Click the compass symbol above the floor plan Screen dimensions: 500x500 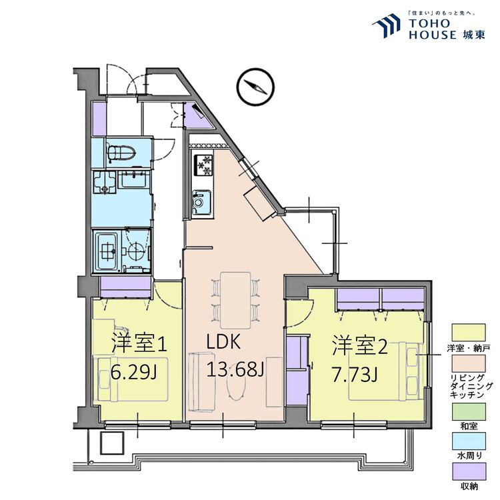(254, 87)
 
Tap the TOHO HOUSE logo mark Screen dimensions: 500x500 (387, 27)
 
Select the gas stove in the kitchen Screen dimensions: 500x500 (201, 164)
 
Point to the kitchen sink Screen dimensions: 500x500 (200, 201)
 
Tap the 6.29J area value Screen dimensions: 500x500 (134, 371)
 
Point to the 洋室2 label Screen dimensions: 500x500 (360, 345)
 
